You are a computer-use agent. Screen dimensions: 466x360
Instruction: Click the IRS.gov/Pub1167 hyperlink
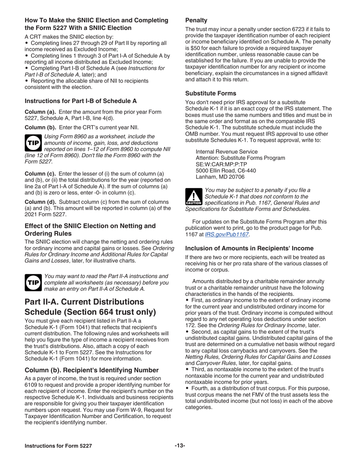pos(227,235)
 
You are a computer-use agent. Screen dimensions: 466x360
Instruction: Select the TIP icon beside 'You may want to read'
pos(33,283)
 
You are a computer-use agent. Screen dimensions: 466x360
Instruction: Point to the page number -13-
pos(180,446)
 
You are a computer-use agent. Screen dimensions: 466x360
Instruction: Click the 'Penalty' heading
pos(196,20)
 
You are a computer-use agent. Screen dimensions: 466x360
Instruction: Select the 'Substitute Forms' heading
pos(210,93)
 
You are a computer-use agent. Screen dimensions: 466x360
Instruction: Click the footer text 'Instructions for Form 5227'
pos(58,446)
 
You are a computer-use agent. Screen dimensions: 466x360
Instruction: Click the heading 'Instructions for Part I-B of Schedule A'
pos(81,101)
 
